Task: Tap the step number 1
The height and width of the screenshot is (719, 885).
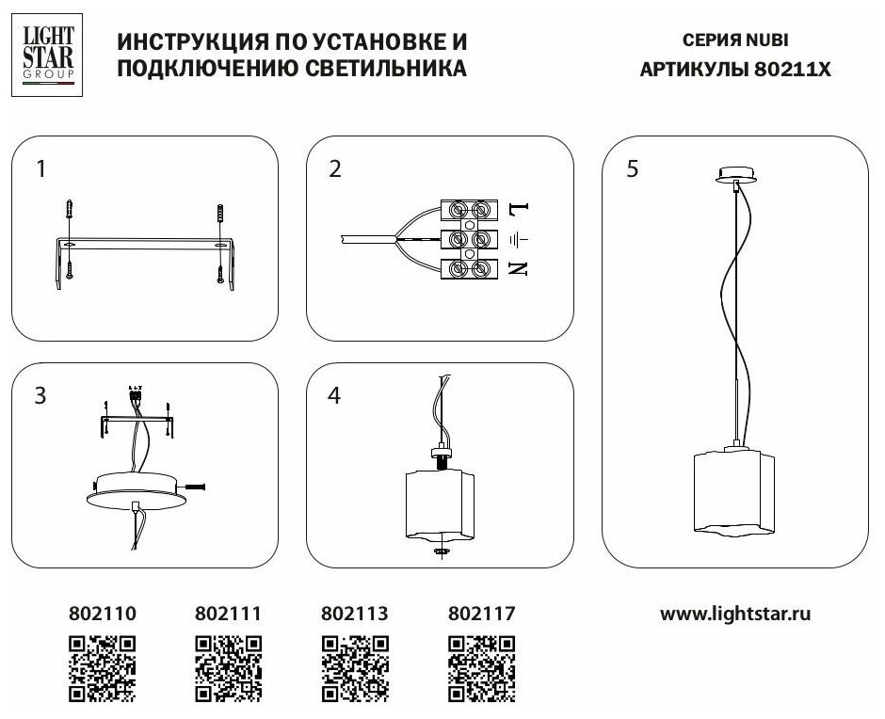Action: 41,169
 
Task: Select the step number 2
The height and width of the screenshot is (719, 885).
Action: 335,169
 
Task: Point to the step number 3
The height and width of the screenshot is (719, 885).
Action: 40,396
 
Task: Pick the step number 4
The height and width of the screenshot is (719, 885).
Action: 334,396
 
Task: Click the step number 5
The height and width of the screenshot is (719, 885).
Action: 632,169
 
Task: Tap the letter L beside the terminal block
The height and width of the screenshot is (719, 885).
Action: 518,207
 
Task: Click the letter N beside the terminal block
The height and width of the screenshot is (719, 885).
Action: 518,268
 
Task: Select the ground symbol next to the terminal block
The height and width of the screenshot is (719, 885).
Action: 517,238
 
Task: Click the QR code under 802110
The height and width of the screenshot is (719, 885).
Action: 104,669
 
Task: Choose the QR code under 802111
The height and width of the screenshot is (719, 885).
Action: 228,669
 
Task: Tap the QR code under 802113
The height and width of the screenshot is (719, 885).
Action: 355,669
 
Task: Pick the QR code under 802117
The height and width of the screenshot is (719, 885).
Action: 481,669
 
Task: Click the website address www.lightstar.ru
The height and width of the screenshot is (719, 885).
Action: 735,614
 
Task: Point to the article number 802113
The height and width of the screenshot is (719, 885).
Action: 355,614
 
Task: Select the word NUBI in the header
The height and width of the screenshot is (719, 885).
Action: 768,41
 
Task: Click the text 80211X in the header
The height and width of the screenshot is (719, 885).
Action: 793,69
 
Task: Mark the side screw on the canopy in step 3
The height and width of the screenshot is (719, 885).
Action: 199,487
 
